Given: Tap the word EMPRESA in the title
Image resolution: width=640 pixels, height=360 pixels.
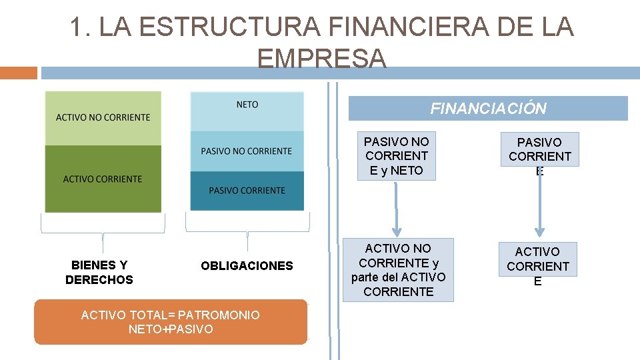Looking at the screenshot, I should [321, 59].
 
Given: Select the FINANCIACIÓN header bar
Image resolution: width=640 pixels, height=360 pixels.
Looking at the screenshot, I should [488, 109].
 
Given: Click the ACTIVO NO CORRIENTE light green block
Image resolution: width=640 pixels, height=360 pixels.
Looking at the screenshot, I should [103, 118].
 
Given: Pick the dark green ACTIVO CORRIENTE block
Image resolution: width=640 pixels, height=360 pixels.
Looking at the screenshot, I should [103, 179].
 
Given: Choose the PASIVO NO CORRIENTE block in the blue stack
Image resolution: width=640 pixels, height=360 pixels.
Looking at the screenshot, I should [247, 151].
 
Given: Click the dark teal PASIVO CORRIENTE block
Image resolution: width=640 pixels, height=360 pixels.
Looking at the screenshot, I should [247, 191].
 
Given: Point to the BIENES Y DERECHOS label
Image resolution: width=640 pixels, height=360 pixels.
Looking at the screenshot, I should [99, 272].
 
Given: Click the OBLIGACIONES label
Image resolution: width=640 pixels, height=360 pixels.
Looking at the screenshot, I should [247, 266].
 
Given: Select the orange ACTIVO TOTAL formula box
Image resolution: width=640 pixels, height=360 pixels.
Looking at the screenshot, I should [171, 322].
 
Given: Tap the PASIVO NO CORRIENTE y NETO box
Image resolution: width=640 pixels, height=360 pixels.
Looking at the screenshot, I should [397, 156].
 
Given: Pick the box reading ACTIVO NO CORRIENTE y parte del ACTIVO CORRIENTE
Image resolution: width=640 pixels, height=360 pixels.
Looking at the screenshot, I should [398, 270].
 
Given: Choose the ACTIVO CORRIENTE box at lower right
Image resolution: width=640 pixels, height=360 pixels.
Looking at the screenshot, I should [537, 266].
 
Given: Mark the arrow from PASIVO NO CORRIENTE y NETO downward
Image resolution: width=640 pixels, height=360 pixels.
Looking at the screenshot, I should [396, 207].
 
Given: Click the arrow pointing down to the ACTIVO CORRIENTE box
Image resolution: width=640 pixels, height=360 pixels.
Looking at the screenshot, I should [539, 206].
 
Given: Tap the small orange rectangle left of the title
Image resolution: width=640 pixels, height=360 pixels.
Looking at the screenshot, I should [19, 73].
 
